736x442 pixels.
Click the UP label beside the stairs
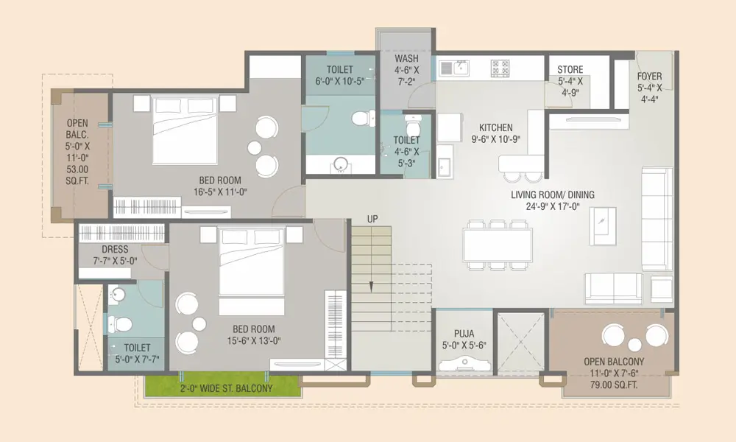coord(372,219)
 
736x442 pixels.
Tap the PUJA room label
coord(464,334)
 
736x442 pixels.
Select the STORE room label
coord(570,69)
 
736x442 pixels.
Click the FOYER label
coord(650,76)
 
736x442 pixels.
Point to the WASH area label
coord(406,59)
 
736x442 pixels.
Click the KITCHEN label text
coord(495,127)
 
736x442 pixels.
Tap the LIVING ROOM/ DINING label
coord(553,194)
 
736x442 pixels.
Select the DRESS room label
coord(115,250)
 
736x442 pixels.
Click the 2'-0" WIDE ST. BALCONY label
coord(226,388)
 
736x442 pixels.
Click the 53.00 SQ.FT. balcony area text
coord(77,175)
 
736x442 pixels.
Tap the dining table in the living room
coord(498,245)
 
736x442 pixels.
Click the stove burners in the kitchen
coord(500,68)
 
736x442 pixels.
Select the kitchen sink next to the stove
coord(454,68)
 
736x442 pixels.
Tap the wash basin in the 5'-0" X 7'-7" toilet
coord(117,295)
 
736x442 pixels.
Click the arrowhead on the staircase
coord(371,287)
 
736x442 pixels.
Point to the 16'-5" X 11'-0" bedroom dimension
coord(220,192)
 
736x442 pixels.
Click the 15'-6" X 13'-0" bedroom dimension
coord(254,340)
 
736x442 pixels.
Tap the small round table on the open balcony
coord(634,345)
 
